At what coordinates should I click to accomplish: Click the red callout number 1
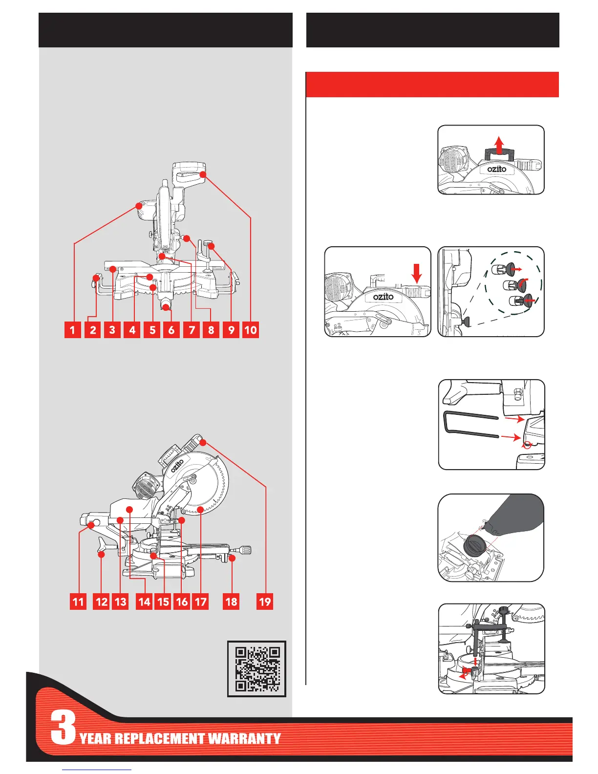click(x=73, y=330)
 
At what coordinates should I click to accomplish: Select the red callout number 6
click(x=171, y=330)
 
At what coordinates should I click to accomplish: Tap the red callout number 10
click(x=250, y=330)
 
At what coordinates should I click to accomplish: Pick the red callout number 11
click(x=78, y=602)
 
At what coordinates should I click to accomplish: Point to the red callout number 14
click(x=145, y=602)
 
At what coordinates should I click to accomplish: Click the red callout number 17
click(x=201, y=602)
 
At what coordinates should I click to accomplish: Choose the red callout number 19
click(x=265, y=602)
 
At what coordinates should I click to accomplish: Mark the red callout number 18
click(x=232, y=602)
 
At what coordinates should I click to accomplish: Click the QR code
click(x=257, y=668)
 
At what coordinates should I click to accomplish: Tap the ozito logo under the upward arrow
click(x=496, y=169)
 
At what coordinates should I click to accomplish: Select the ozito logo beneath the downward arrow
click(x=383, y=297)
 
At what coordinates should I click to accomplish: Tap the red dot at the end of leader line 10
click(x=203, y=174)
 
